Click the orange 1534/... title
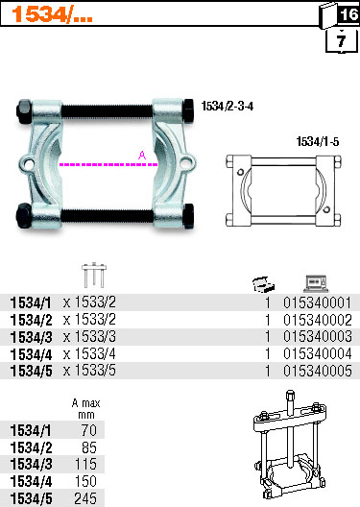[x=52, y=14]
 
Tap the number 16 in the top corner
[x=348, y=13]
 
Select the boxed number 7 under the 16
[x=341, y=41]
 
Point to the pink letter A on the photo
[x=142, y=156]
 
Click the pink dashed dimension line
[x=108, y=164]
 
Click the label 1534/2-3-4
[x=228, y=106]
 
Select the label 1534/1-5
[x=318, y=141]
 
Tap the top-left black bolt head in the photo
[x=24, y=111]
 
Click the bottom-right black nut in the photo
[x=188, y=216]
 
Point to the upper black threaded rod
[x=107, y=111]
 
